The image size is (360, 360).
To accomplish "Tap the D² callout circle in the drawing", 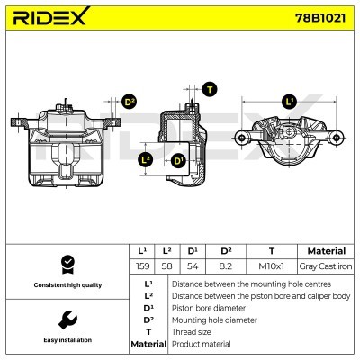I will [x=129, y=102].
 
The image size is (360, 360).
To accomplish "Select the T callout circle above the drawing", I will [x=210, y=88].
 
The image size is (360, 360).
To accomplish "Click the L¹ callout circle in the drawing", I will [x=288, y=101].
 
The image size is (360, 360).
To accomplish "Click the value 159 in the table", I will [x=141, y=266].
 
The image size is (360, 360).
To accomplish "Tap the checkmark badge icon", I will [x=67, y=264].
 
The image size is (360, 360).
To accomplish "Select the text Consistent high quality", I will [x=67, y=284].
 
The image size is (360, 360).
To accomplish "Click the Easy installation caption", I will [x=67, y=340].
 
